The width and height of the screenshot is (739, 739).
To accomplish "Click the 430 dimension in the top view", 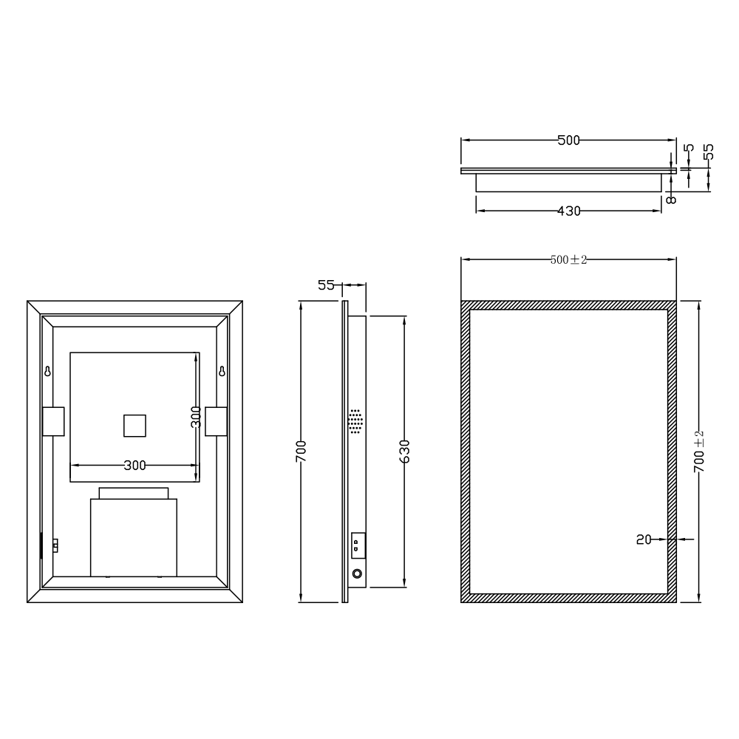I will point(568,211).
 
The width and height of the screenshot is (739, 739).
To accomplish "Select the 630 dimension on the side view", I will point(404,451).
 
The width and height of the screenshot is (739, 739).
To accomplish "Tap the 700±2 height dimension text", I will point(699,451).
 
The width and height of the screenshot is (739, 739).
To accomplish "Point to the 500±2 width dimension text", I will point(568,259).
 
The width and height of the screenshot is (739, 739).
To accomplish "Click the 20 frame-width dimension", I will point(644,539).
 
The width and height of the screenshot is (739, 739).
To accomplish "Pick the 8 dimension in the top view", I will point(670,199).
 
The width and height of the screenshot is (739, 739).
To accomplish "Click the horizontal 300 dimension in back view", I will point(134,465).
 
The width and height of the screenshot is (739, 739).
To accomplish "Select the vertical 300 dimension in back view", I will point(196,418).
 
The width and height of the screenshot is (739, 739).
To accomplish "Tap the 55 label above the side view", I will point(327,285).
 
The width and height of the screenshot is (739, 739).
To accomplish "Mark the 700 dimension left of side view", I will point(301,451).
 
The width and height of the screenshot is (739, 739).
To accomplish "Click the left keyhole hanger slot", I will point(48,371).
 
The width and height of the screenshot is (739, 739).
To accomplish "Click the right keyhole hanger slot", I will point(221,371).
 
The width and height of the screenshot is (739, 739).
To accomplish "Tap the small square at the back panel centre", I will point(134,427).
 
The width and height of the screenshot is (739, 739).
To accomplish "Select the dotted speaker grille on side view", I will point(356,422).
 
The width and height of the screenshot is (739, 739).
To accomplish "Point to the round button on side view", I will point(358,573).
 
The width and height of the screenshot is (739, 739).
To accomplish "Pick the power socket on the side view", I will point(357,545).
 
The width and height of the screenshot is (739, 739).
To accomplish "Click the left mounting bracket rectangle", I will point(53,421).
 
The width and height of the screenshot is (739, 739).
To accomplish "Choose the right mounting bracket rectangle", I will point(216,421).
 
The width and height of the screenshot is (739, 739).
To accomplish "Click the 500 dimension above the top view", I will point(568,140).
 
